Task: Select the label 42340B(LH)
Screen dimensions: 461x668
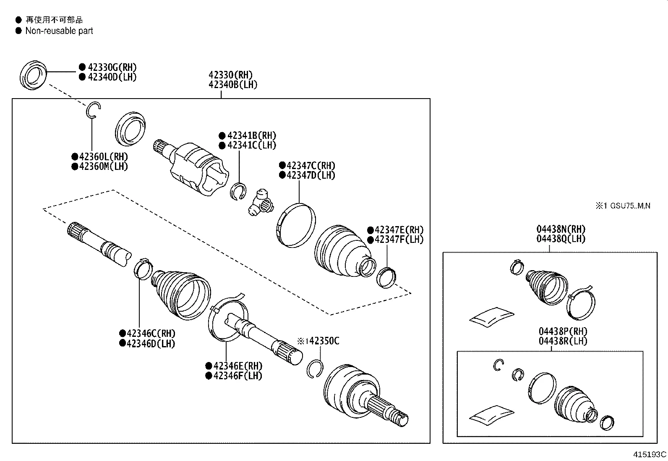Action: [x=233, y=85]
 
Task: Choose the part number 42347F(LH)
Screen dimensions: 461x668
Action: [x=399, y=240]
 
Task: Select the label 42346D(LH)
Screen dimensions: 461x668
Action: [x=151, y=344]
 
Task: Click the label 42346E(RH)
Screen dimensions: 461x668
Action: [x=237, y=366]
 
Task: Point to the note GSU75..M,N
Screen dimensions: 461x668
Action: [x=630, y=206]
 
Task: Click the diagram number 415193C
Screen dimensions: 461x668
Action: [x=650, y=454]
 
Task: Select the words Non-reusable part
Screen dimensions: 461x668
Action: [x=59, y=31]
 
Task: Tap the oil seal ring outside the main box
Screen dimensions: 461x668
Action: [x=34, y=75]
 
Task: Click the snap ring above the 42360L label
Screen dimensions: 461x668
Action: [x=93, y=110]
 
